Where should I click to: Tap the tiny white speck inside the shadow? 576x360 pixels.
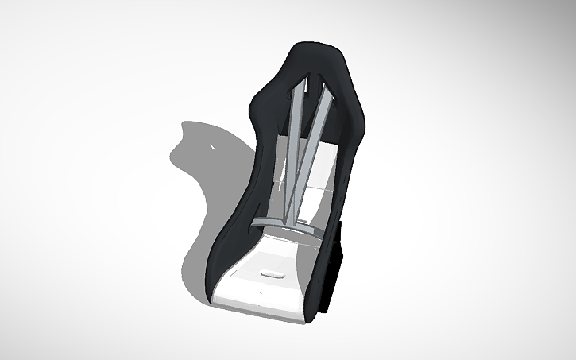(x=212, y=148)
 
